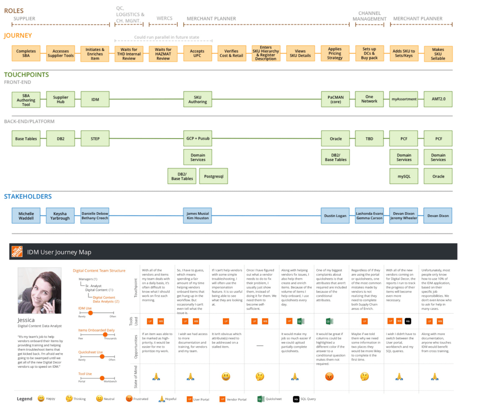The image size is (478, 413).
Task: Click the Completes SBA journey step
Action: pyautogui.click(x=26, y=53)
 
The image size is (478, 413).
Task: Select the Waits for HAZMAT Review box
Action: pyautogui.click(x=163, y=53)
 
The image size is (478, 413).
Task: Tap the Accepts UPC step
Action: pyautogui.click(x=197, y=53)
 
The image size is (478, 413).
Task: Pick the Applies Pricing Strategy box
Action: pyautogui.click(x=335, y=53)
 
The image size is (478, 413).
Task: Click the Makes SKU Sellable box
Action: pyautogui.click(x=438, y=53)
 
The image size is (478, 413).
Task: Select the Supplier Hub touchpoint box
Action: pyautogui.click(x=60, y=99)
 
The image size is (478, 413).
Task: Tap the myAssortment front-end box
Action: pyautogui.click(x=404, y=99)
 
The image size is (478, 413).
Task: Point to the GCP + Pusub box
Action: pyautogui.click(x=197, y=139)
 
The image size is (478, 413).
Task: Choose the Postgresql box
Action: pyautogui.click(x=214, y=176)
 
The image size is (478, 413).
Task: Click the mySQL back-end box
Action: pyautogui.click(x=404, y=176)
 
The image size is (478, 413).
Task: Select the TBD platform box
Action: pyautogui.click(x=369, y=139)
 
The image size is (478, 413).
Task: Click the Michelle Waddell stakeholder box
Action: pyautogui.click(x=26, y=216)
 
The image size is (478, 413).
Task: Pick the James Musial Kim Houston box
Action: pyautogui.click(x=197, y=216)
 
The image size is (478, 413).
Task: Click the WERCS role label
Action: pyautogui.click(x=164, y=19)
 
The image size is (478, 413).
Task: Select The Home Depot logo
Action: pyautogui.click(x=17, y=252)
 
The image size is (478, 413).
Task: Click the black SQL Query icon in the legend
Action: pyautogui.click(x=296, y=399)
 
